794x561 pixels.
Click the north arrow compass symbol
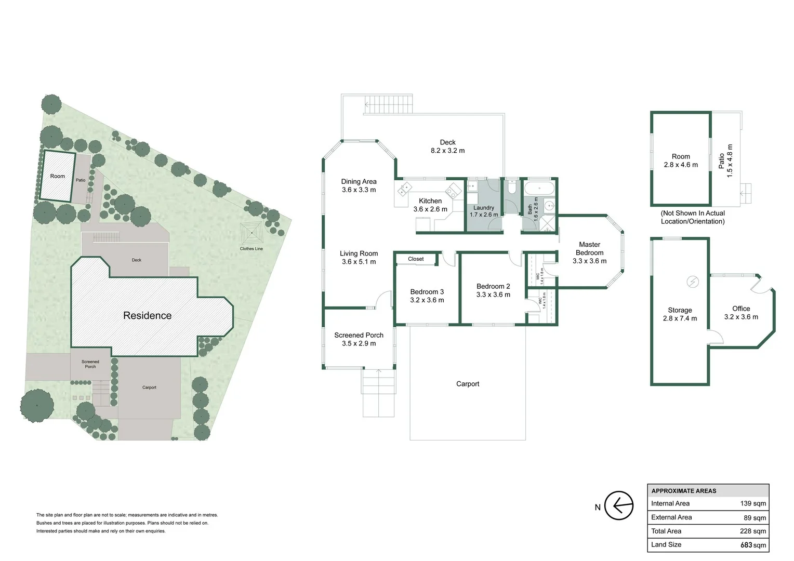pos(619,505)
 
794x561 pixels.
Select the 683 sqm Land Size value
pos(753,545)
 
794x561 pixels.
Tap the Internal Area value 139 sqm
pos(753,503)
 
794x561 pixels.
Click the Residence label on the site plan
pos(147,316)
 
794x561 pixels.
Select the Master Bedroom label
pos(589,248)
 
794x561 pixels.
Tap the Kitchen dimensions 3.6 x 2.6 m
pos(430,209)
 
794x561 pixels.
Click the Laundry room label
pos(484,208)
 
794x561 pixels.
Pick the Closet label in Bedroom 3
pos(416,259)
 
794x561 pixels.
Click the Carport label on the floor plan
pos(468,384)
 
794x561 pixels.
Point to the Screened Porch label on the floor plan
pos(359,335)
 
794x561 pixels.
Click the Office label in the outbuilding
pos(741,309)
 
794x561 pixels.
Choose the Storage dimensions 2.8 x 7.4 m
pos(680,318)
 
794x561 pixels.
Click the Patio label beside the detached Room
pos(721,161)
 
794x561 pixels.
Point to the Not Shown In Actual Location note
pos(692,217)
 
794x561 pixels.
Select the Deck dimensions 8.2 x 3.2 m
pos(447,151)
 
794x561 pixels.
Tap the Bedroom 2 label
pos(493,286)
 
